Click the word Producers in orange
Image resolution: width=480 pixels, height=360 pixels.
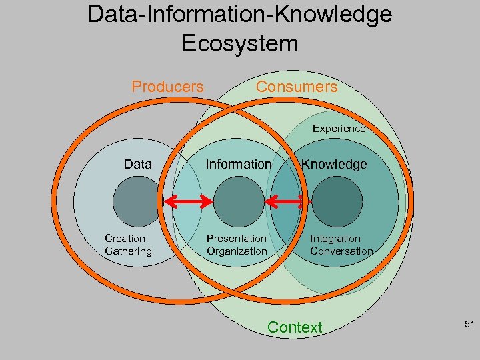coord(167,87)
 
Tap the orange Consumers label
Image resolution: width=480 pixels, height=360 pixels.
coord(297,87)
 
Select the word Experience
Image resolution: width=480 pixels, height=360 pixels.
coord(339,129)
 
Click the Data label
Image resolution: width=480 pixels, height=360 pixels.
coord(137,164)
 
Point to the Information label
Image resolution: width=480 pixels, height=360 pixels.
coord(238,164)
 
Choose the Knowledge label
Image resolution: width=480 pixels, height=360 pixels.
coord(333,164)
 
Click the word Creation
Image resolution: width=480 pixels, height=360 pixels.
coord(125,239)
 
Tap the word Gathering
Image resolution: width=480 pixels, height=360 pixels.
coord(128,251)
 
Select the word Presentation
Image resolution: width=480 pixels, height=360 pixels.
coord(236,239)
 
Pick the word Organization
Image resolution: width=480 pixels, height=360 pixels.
coord(236,251)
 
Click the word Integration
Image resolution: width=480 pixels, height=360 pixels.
coord(335,239)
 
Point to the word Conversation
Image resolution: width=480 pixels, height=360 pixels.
coord(341,251)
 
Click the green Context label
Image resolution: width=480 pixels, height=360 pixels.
coord(294,327)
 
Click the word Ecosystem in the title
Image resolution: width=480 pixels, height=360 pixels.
coord(239,44)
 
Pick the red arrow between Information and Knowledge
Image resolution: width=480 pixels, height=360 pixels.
coord(285,200)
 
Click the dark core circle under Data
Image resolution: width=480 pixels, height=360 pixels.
coord(138,201)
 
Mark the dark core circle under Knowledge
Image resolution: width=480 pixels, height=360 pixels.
coord(337,201)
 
